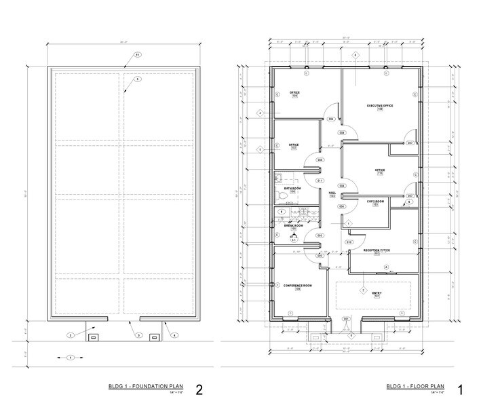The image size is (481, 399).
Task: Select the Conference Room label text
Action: coord(296,286)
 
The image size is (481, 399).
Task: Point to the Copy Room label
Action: coord(375,201)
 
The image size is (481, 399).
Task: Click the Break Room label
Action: coord(294,226)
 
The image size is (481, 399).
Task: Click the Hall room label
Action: coord(332,193)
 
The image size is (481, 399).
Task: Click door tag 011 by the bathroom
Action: coord(319,181)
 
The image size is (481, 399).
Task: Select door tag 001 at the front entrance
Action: coord(345,318)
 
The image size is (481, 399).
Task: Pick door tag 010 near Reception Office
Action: coord(349,242)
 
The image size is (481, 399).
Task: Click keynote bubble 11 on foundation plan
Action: coord(137,54)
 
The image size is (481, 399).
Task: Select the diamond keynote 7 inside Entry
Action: coord(363,290)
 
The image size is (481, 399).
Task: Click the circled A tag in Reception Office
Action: coord(387,267)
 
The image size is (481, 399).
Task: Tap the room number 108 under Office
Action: coord(295,96)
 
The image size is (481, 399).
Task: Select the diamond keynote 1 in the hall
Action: coord(347,223)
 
